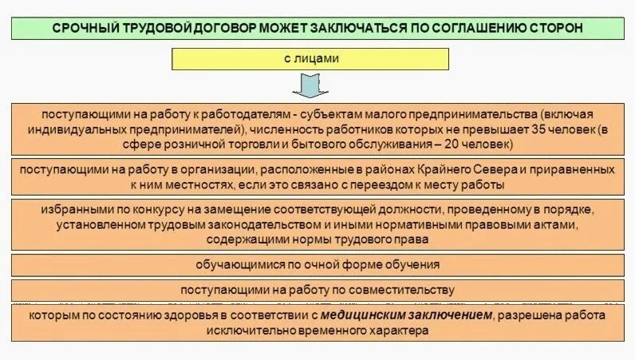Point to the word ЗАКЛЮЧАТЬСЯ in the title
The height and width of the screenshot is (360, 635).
click(x=377, y=27)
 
